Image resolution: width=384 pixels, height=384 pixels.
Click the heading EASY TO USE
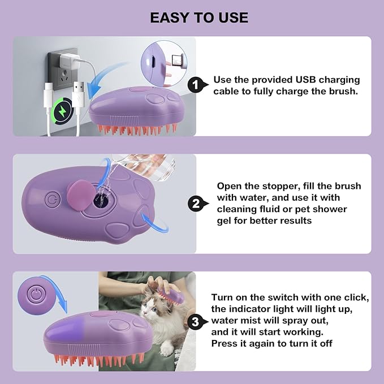tap(199, 18)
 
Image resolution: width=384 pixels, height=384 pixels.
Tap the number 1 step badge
tap(195, 86)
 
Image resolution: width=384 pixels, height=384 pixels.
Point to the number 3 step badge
tap(195, 322)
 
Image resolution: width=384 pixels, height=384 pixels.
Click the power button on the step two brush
tap(52, 200)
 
